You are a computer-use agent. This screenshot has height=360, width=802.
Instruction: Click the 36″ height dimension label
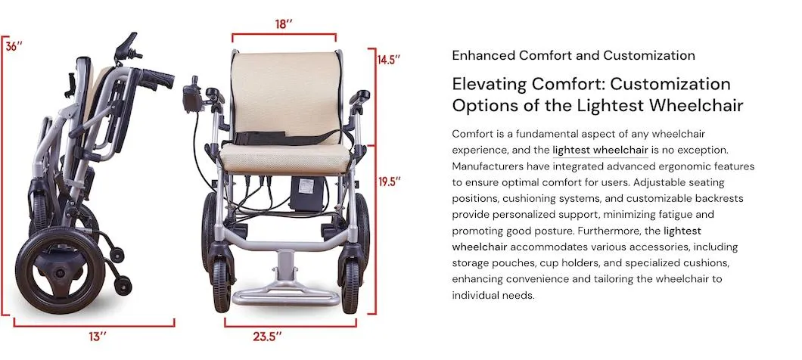click(14, 45)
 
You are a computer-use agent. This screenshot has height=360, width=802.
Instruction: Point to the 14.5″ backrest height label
click(389, 58)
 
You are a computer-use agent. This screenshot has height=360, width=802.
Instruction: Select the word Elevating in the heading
click(486, 84)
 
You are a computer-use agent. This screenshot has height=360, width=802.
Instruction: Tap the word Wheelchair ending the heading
click(701, 105)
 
